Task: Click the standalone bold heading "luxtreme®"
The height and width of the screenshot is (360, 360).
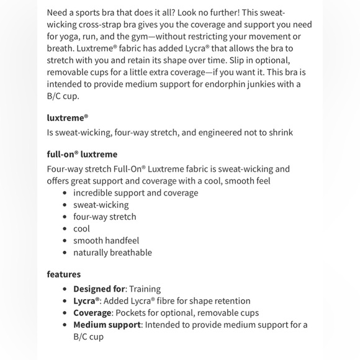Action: (x=68, y=117)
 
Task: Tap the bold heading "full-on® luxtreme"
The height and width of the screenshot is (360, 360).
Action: (x=82, y=154)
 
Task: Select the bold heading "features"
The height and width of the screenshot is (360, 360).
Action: (x=64, y=274)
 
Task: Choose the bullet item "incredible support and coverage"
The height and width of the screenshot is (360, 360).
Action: (x=135, y=192)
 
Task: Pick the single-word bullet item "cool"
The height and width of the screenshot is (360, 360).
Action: (x=81, y=228)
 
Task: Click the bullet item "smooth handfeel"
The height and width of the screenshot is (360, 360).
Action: (x=106, y=240)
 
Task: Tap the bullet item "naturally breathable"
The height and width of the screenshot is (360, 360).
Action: (x=112, y=252)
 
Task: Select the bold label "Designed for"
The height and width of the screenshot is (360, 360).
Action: (x=99, y=289)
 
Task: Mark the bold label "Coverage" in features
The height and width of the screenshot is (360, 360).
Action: (x=92, y=313)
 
